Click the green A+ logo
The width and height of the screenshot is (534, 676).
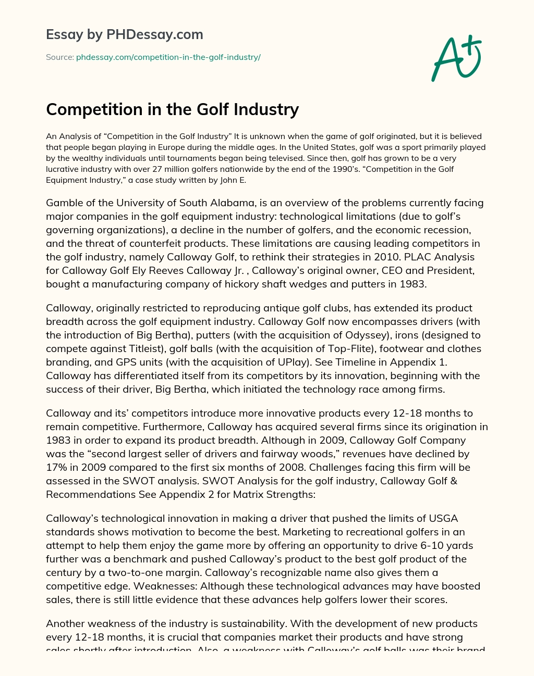[x=456, y=58]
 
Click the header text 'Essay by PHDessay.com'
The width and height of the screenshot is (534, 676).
[x=124, y=34]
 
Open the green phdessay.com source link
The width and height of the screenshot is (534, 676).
[x=168, y=57]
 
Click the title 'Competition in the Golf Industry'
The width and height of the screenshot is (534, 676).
[x=172, y=109]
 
